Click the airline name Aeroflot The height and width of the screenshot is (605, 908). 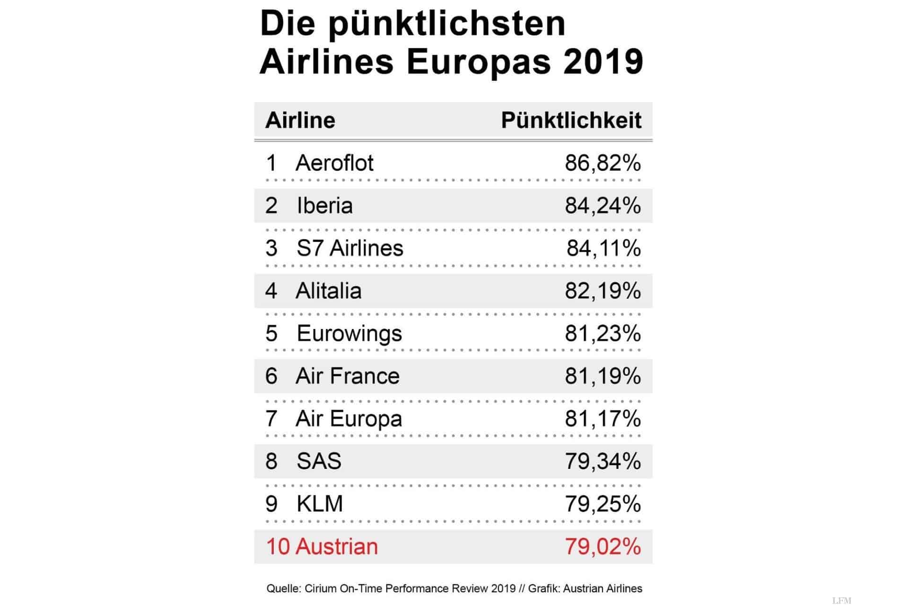click(x=334, y=163)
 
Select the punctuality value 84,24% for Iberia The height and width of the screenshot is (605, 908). click(x=602, y=206)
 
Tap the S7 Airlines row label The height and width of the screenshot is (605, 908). click(x=349, y=248)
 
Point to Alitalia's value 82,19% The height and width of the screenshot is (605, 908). click(x=602, y=291)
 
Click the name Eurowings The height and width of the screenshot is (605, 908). click(x=349, y=334)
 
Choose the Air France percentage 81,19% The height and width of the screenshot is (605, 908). click(x=602, y=376)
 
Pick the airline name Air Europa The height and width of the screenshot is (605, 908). click(x=349, y=419)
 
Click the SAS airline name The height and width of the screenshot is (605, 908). click(x=319, y=461)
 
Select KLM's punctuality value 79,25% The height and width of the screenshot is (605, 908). click(x=602, y=504)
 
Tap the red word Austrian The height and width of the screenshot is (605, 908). click(x=337, y=546)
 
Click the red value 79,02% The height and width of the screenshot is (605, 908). click(x=602, y=546)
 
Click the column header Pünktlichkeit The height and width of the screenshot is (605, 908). click(x=571, y=121)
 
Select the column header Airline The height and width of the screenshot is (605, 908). click(x=300, y=121)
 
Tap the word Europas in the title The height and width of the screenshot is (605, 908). click(x=479, y=62)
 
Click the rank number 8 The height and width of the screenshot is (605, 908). click(x=271, y=461)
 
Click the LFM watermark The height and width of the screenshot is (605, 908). click(x=841, y=601)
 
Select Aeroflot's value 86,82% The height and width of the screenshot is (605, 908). click(x=602, y=163)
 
